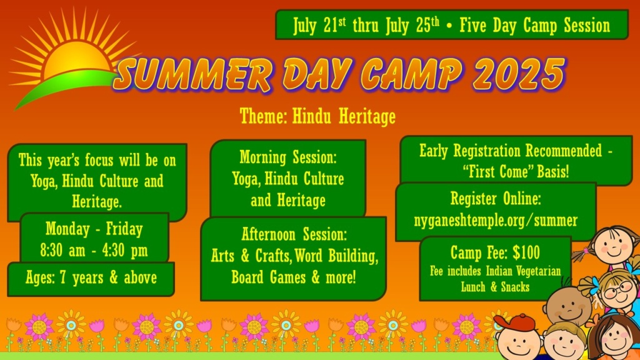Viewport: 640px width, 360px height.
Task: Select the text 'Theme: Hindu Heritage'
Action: click(317, 116)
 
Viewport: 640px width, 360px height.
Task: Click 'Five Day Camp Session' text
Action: click(535, 25)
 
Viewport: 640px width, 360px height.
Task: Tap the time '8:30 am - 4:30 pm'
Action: click(94, 250)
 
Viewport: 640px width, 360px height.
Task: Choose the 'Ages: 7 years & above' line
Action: click(91, 278)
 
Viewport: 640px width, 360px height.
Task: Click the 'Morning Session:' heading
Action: click(288, 157)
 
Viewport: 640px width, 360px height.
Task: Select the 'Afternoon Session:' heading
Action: click(294, 234)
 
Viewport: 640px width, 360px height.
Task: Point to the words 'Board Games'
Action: click(268, 277)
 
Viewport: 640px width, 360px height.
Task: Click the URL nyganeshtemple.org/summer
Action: click(496, 221)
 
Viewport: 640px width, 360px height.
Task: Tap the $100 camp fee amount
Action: click(526, 252)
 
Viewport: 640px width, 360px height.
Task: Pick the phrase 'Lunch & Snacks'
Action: click(495, 287)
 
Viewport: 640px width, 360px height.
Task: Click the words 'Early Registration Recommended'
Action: click(510, 151)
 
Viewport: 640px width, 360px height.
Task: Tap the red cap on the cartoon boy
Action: click(516, 323)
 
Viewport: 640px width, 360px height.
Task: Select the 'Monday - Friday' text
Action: click(94, 229)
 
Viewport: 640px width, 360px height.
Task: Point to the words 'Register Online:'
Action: click(496, 199)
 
